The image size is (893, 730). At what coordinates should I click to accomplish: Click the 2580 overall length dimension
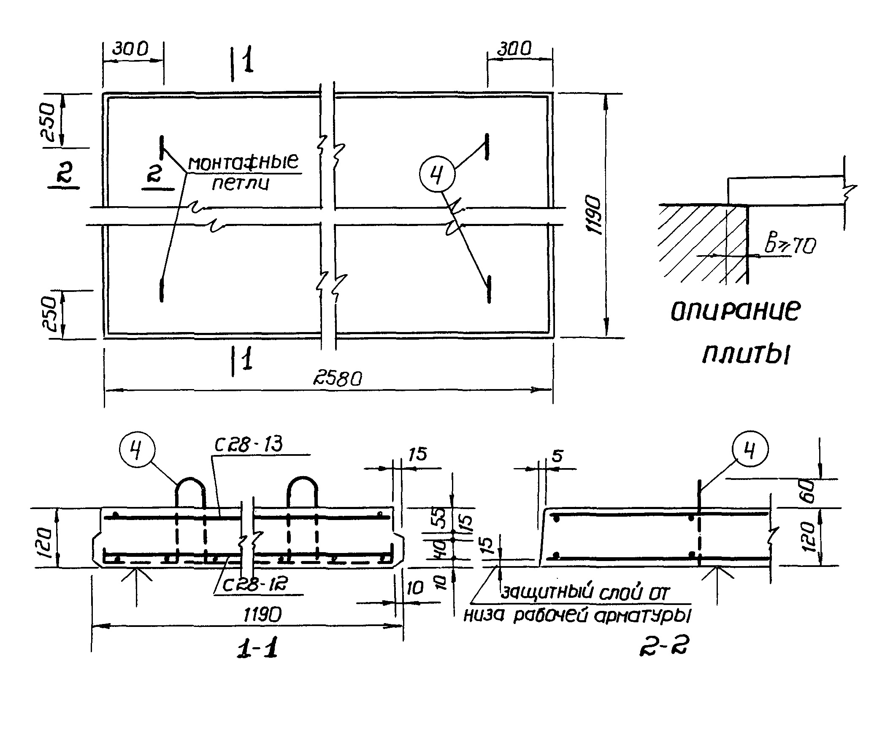tap(338, 379)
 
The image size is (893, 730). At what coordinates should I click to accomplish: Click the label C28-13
tap(249, 445)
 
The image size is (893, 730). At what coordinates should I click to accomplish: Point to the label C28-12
tap(255, 585)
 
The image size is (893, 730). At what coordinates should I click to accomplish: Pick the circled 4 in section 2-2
tap(750, 451)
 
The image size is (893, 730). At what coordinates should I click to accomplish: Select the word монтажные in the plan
tap(243, 163)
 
